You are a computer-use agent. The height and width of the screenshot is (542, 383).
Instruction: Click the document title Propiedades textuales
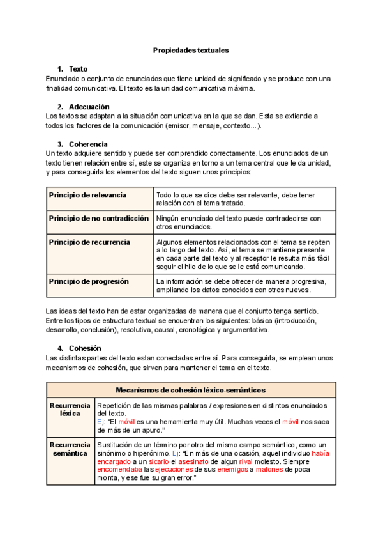191,49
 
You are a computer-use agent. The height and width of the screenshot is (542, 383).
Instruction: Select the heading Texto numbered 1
78,69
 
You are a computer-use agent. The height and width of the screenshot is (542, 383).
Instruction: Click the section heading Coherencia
88,144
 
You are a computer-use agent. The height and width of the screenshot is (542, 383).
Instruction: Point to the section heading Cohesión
85,348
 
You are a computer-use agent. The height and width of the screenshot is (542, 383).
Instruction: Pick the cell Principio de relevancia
87,195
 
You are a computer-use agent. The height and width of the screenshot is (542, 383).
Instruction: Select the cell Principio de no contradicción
99,219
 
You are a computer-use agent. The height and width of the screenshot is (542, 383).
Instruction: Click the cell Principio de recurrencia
89,242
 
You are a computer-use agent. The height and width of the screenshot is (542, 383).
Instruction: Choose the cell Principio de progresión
89,281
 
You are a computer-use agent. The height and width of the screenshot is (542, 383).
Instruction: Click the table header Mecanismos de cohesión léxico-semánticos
191,390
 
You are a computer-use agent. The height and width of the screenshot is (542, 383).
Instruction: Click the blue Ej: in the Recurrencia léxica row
101,422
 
